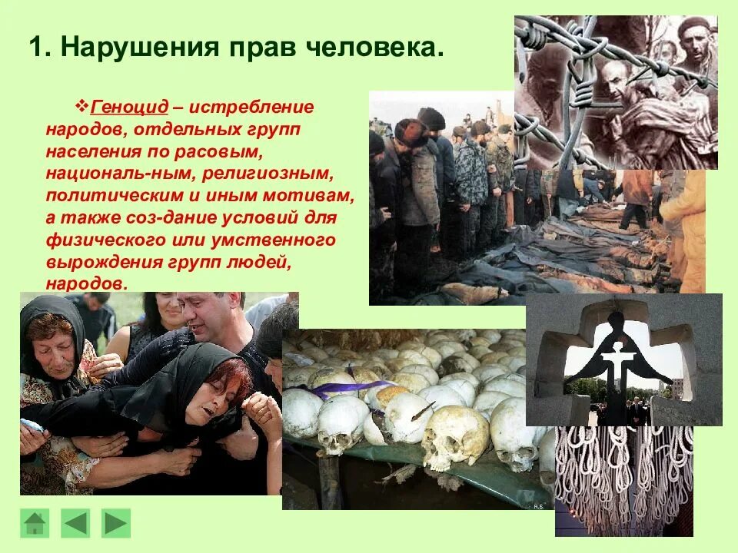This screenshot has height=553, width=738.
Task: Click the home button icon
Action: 35,523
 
